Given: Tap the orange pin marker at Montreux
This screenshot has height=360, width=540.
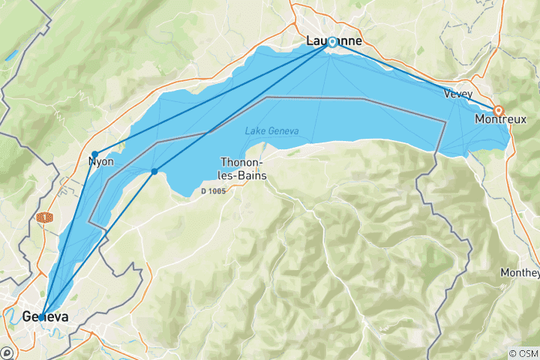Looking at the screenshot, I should click(x=498, y=110).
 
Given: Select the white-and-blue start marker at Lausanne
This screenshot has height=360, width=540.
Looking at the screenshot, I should click(x=331, y=43).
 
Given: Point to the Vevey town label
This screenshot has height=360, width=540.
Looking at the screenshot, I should click(x=457, y=94).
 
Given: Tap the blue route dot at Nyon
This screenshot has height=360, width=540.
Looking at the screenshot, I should click(x=94, y=154).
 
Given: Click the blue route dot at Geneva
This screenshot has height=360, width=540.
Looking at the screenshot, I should click(x=42, y=314).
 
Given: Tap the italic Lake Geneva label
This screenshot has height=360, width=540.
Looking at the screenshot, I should click(x=271, y=131).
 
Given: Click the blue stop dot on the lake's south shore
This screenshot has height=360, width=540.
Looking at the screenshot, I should click(x=154, y=172).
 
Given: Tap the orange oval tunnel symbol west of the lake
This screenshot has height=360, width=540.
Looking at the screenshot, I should click(x=45, y=218).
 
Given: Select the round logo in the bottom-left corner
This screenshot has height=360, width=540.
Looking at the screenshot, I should click(x=7, y=352).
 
